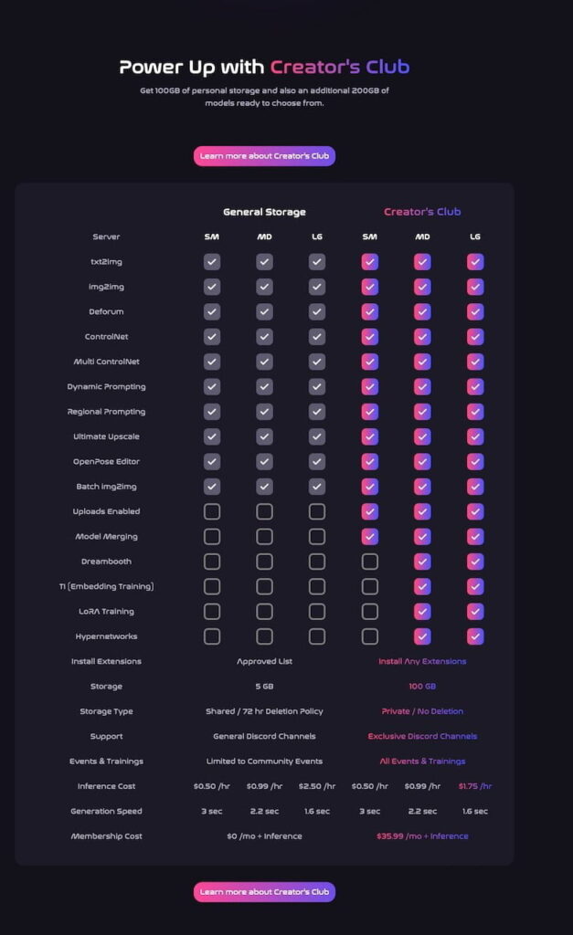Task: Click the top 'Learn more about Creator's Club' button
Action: [x=264, y=156]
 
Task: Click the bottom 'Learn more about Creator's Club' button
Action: [x=264, y=891]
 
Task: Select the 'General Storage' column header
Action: [x=264, y=212]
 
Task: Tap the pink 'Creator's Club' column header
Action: [x=422, y=212]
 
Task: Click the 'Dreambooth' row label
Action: [x=106, y=562]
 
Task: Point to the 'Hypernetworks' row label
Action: [x=106, y=636]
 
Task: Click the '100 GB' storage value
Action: [x=422, y=687]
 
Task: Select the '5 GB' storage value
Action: [x=264, y=687]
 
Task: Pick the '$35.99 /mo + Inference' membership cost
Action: [x=422, y=836]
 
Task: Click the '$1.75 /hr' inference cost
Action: [x=474, y=786]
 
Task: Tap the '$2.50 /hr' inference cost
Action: [x=317, y=786]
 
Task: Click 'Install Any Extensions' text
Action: [x=422, y=661]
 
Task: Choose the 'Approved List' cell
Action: [x=264, y=661]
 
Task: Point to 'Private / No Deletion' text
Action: [x=422, y=711]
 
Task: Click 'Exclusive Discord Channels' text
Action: [x=422, y=736]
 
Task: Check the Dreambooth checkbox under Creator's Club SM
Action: [x=369, y=562]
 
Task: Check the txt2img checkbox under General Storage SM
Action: [x=212, y=262]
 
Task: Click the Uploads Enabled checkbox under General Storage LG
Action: [x=317, y=511]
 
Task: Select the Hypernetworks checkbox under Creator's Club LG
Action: [x=475, y=636]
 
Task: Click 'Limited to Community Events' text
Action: [x=264, y=762]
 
